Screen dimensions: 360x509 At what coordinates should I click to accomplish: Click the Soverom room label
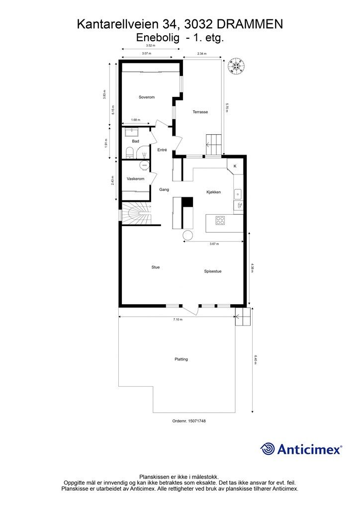coord(146,97)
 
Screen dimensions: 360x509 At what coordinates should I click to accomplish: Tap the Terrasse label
coord(200,112)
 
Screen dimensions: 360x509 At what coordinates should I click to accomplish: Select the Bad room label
coord(135,141)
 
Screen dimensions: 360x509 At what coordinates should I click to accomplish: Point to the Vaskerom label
coord(135,179)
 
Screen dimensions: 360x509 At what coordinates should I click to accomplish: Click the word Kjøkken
coord(214,192)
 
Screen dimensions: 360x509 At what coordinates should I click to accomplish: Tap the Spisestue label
coord(213,271)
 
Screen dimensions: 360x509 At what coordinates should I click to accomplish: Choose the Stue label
coord(156,267)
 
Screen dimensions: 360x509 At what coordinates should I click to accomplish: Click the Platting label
coord(181,359)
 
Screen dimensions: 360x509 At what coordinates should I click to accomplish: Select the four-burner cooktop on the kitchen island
coord(220,220)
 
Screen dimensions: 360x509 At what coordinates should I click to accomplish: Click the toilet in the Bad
coord(129,152)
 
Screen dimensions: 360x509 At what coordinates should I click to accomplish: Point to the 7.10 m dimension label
coord(178,320)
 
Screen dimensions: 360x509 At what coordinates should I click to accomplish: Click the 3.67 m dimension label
coord(214,244)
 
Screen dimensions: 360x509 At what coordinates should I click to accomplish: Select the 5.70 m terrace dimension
coord(227,108)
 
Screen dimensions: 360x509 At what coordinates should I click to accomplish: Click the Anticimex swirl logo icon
coord(268,449)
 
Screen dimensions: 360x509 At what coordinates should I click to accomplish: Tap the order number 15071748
coord(197,421)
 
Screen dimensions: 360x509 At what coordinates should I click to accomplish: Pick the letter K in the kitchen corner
coord(235,166)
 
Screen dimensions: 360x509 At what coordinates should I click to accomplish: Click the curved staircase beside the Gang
coord(136,213)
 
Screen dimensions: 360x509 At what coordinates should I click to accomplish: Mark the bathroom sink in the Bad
coord(132,132)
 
